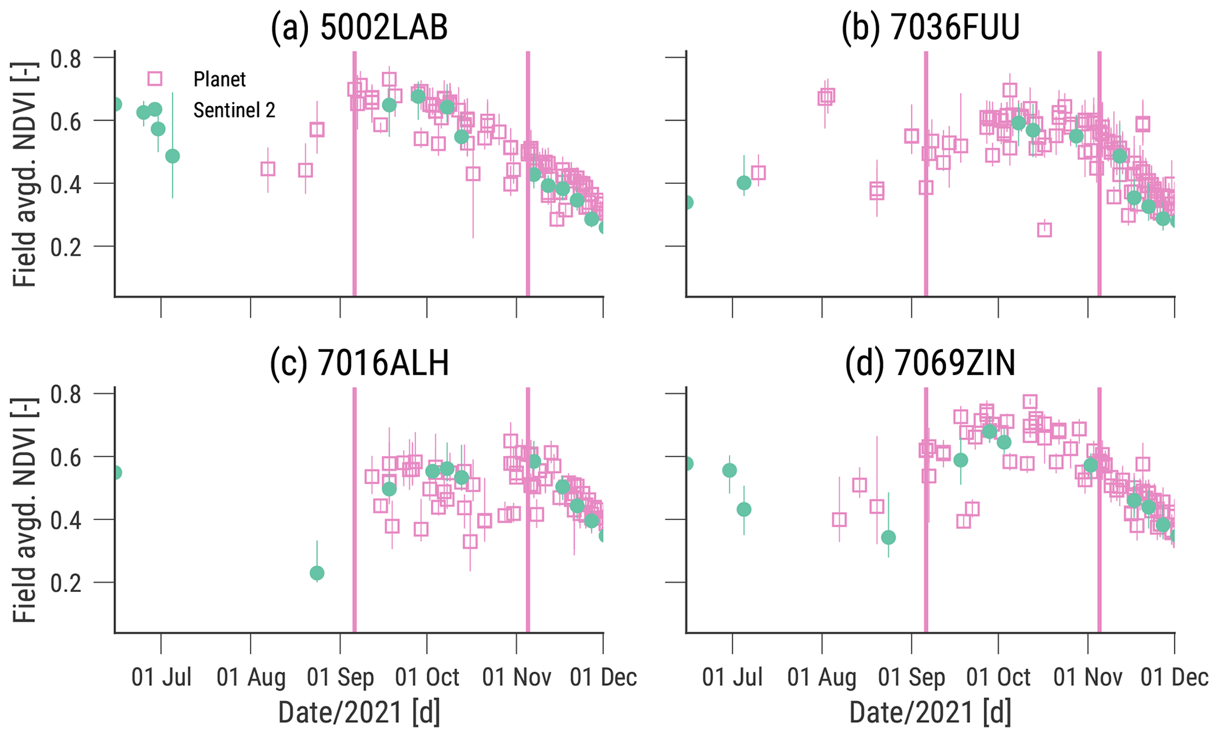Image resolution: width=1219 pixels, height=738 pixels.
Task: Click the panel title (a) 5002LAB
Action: pyautogui.click(x=359, y=28)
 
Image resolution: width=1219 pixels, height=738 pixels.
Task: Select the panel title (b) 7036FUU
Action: pyautogui.click(x=930, y=28)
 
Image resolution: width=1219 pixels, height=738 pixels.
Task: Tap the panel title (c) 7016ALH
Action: pyautogui.click(x=359, y=363)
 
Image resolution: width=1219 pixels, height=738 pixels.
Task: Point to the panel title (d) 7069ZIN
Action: pyautogui.click(x=930, y=363)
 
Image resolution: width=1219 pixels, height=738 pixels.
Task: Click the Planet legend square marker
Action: pyautogui.click(x=155, y=79)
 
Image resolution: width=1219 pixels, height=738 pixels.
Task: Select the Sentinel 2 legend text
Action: pyautogui.click(x=234, y=110)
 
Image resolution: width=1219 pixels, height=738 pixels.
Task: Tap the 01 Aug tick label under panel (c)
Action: pyautogui.click(x=251, y=677)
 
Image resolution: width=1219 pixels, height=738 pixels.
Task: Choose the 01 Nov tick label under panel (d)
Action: pyautogui.click(x=1087, y=677)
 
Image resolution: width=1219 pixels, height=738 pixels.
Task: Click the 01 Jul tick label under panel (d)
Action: pyautogui.click(x=732, y=677)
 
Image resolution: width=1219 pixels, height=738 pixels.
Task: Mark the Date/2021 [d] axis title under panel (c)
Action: pyautogui.click(x=359, y=712)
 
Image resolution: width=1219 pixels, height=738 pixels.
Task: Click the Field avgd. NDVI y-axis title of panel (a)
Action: pyautogui.click(x=25, y=174)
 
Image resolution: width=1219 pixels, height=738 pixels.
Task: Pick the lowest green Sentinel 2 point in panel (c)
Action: pyautogui.click(x=317, y=573)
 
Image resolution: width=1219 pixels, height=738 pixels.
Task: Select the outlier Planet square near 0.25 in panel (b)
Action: pyautogui.click(x=1044, y=230)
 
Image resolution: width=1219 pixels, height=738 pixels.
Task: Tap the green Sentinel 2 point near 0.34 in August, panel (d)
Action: pyautogui.click(x=888, y=538)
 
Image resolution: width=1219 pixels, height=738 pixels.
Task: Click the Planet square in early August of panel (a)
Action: pyautogui.click(x=268, y=169)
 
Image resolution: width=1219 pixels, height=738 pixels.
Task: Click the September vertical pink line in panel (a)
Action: pyautogui.click(x=354, y=177)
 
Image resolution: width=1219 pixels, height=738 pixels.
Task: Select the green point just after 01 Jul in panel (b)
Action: pyautogui.click(x=744, y=183)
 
